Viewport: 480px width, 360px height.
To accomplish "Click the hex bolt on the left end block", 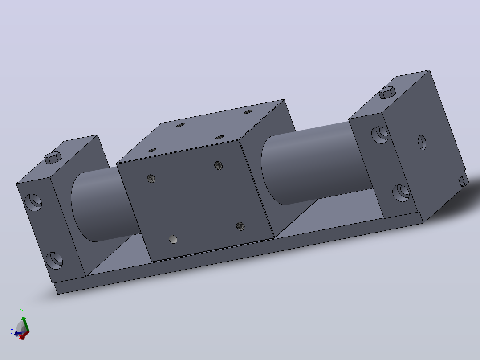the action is coord(53,157).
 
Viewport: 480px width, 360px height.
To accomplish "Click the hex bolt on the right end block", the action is coord(387,92).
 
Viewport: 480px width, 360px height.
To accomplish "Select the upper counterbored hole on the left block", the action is coord(33,202).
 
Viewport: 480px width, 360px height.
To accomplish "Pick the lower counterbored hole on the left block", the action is coord(54,261).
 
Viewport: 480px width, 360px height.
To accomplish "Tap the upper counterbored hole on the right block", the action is coord(380,135).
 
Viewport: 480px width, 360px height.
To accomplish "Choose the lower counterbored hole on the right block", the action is coord(401,193).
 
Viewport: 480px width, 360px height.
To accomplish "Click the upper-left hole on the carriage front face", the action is coord(151,179).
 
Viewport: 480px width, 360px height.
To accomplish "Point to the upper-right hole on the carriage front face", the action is coord(218,166).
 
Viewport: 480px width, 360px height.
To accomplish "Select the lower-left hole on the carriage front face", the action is coord(173,239).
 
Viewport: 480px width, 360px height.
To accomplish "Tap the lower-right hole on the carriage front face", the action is coord(240,226).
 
